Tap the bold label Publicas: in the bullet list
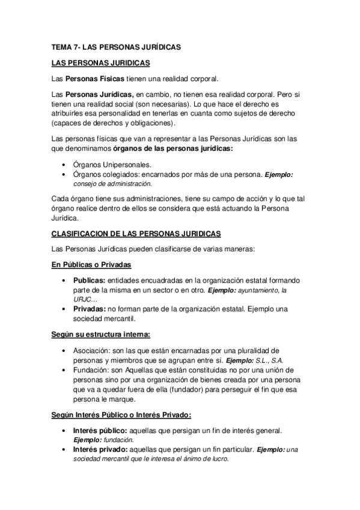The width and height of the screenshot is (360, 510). click(90, 281)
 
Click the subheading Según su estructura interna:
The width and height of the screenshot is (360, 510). click(100, 334)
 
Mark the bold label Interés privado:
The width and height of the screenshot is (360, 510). click(100, 449)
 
